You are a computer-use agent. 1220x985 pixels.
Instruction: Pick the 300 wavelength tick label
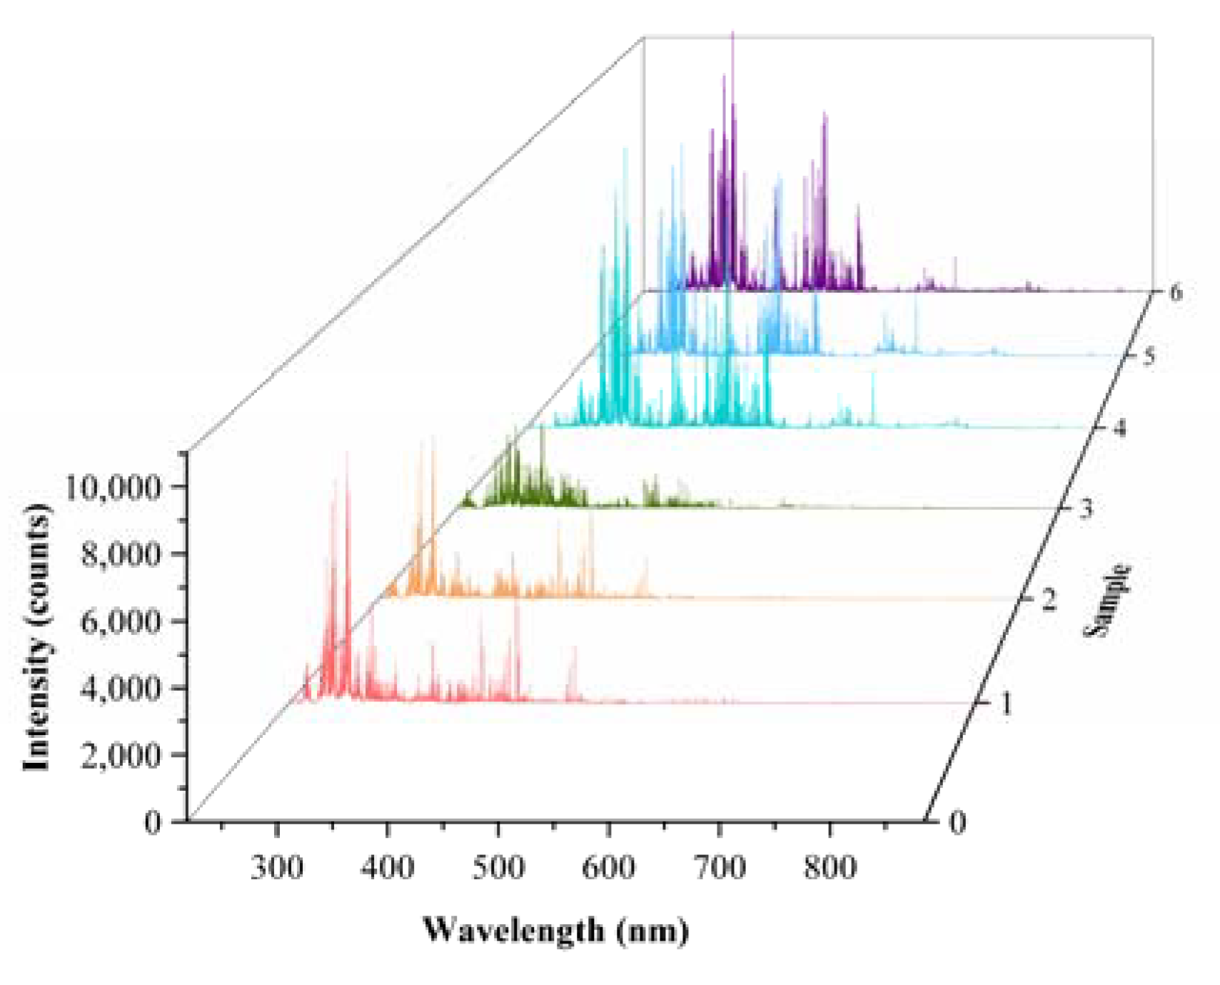pos(277,867)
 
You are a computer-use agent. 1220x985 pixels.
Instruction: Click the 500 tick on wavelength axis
pos(498,867)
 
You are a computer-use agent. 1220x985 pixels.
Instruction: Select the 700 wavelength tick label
pos(720,867)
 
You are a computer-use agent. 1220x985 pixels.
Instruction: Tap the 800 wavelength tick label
pos(830,867)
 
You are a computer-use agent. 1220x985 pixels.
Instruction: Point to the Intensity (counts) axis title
pos(37,637)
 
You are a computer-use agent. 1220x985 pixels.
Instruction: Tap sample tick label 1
pos(1005,704)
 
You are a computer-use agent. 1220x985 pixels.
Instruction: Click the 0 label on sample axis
pos(957,822)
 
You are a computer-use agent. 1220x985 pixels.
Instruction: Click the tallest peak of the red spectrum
pos(348,454)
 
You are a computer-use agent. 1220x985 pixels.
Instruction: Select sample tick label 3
pos(1085,509)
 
